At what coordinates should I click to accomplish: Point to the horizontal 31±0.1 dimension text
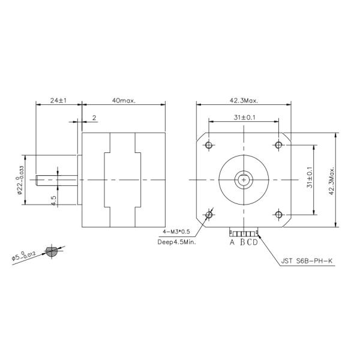[244, 118]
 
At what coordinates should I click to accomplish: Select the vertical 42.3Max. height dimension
[331, 179]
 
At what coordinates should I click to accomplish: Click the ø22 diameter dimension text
[20, 179]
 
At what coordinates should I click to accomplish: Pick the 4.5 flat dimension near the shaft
[54, 200]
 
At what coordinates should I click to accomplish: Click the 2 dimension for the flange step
[94, 118]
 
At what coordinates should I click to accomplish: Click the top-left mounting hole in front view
[209, 145]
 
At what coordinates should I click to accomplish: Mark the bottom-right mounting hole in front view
[278, 214]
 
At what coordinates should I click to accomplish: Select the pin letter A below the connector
[232, 243]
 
